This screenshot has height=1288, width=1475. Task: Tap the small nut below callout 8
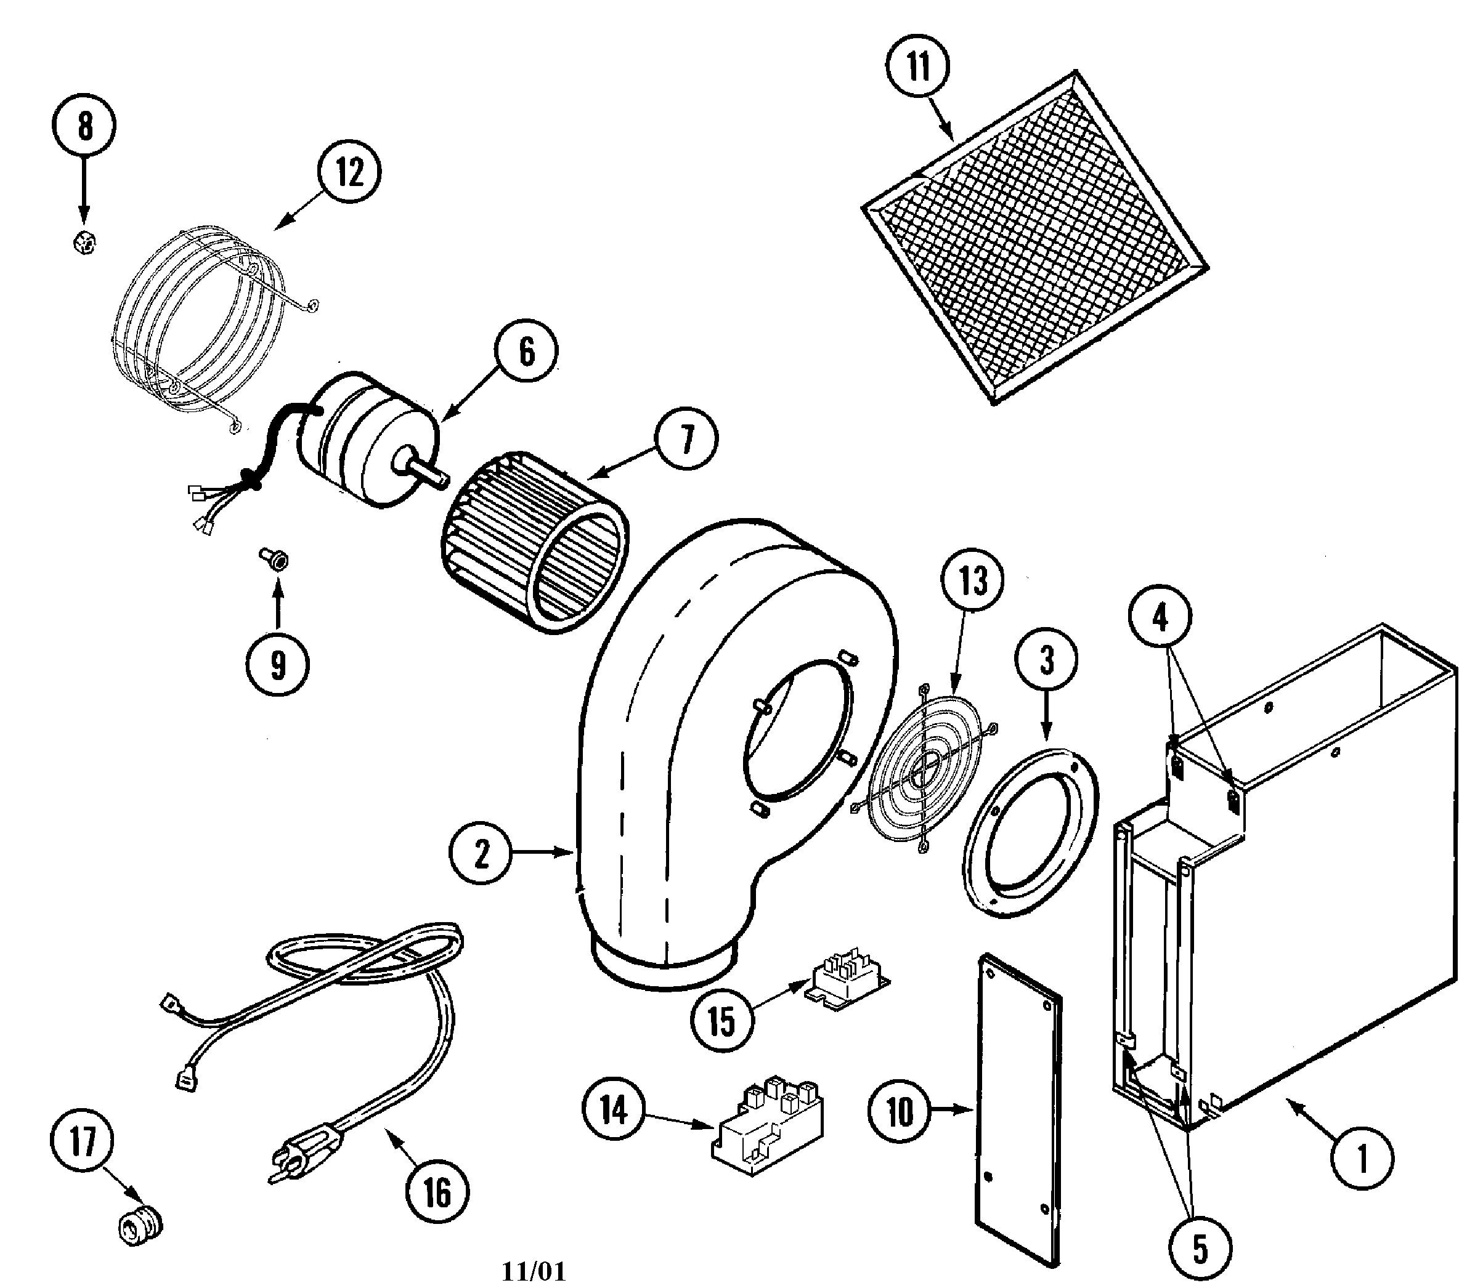coord(85,244)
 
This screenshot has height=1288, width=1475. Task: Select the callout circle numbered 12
coord(349,172)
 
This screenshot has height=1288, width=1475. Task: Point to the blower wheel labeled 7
coord(535,543)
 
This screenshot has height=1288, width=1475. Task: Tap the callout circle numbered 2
coord(480,853)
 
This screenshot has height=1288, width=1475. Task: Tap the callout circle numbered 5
coord(1200,1249)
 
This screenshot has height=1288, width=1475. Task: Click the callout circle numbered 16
coord(437,1193)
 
